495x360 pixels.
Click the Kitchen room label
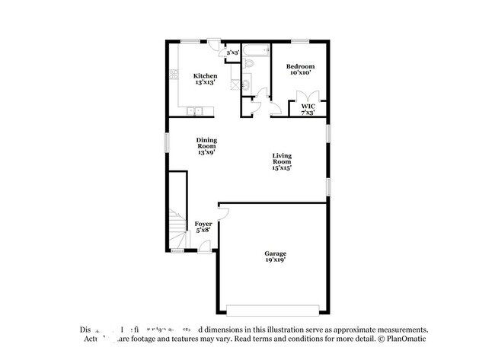tap(205, 76)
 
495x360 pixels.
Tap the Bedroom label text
tap(300, 67)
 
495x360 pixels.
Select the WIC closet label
tap(308, 107)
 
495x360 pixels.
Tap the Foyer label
tap(203, 224)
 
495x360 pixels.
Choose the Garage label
tap(275, 254)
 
